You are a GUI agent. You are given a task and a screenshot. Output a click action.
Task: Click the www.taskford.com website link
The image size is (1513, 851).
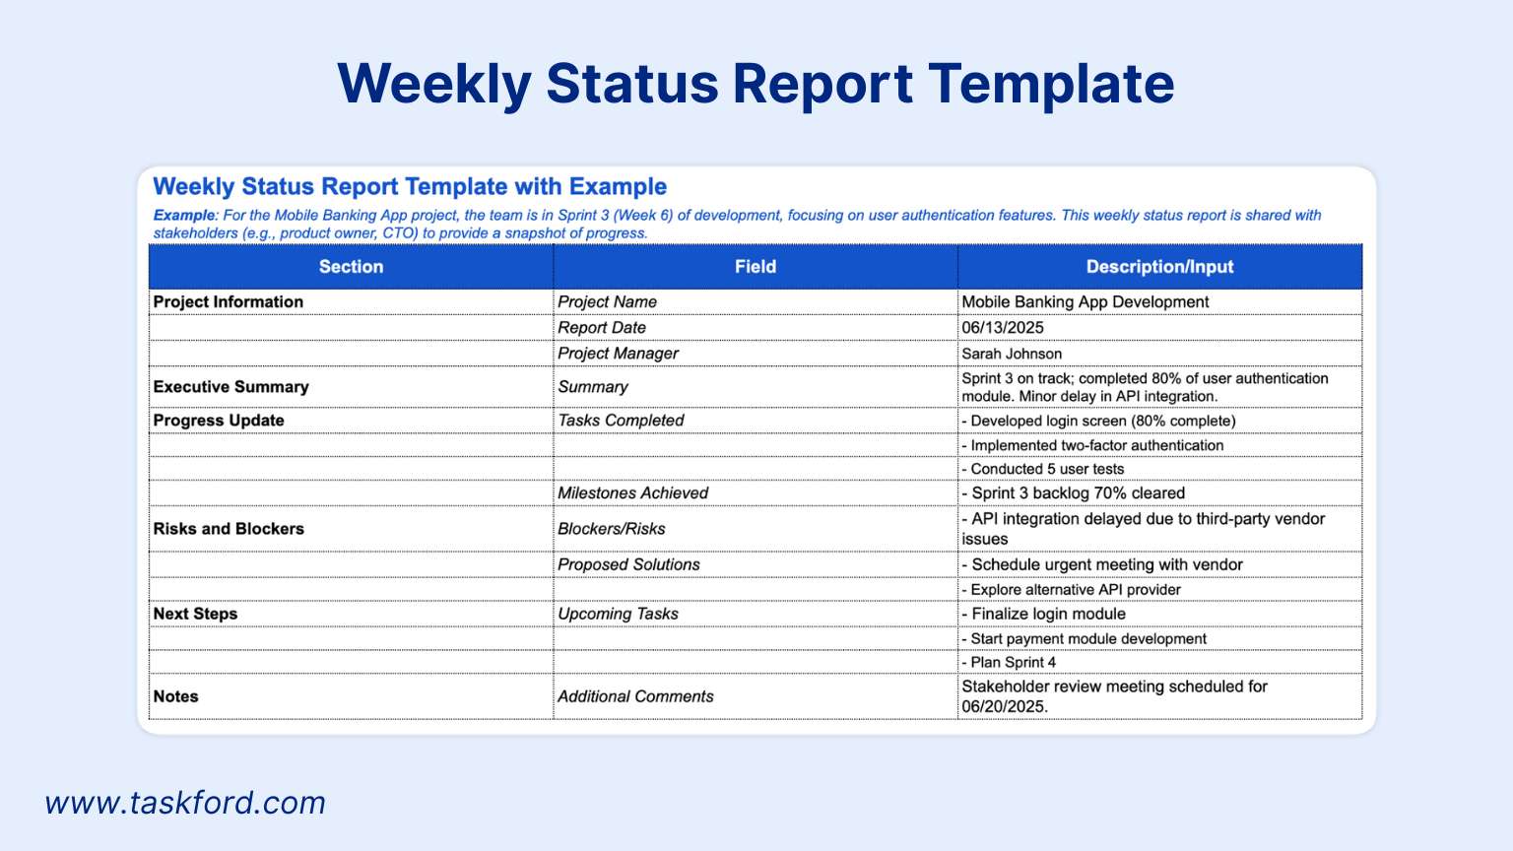coord(185,803)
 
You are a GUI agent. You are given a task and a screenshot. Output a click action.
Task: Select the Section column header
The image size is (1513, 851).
coord(351,267)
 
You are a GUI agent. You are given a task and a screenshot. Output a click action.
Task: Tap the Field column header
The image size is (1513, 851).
coord(756,267)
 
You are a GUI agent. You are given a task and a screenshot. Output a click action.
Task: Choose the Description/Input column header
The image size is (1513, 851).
coord(1159,267)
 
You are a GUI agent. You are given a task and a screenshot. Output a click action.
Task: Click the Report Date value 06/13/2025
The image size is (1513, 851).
coord(1003,328)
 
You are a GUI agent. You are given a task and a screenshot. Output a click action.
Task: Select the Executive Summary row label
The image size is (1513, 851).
coord(231,387)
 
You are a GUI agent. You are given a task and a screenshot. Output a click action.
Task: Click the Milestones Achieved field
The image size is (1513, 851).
coord(633,493)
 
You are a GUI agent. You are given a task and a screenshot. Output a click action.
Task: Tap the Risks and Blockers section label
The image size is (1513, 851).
coord(229,529)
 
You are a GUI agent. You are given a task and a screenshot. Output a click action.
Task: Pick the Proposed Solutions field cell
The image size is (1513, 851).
coord(628,564)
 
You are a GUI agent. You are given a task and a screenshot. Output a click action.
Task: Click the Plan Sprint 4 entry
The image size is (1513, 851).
coord(1009,662)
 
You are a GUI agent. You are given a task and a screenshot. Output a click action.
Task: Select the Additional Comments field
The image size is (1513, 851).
coord(635,696)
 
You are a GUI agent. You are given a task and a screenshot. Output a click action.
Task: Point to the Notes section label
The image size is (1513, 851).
coord(175,696)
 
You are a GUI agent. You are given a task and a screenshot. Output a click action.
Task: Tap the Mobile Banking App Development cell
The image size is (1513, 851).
coord(1085,302)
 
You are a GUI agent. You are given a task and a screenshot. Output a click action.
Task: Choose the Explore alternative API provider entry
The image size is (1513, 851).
coord(1072,590)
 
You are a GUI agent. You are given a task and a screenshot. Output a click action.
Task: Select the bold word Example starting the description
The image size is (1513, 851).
coord(184,216)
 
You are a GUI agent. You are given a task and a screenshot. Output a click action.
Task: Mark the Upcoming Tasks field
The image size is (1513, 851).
coord(618,614)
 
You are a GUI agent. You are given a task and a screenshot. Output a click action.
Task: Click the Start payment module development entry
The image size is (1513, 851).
coord(1085,639)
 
